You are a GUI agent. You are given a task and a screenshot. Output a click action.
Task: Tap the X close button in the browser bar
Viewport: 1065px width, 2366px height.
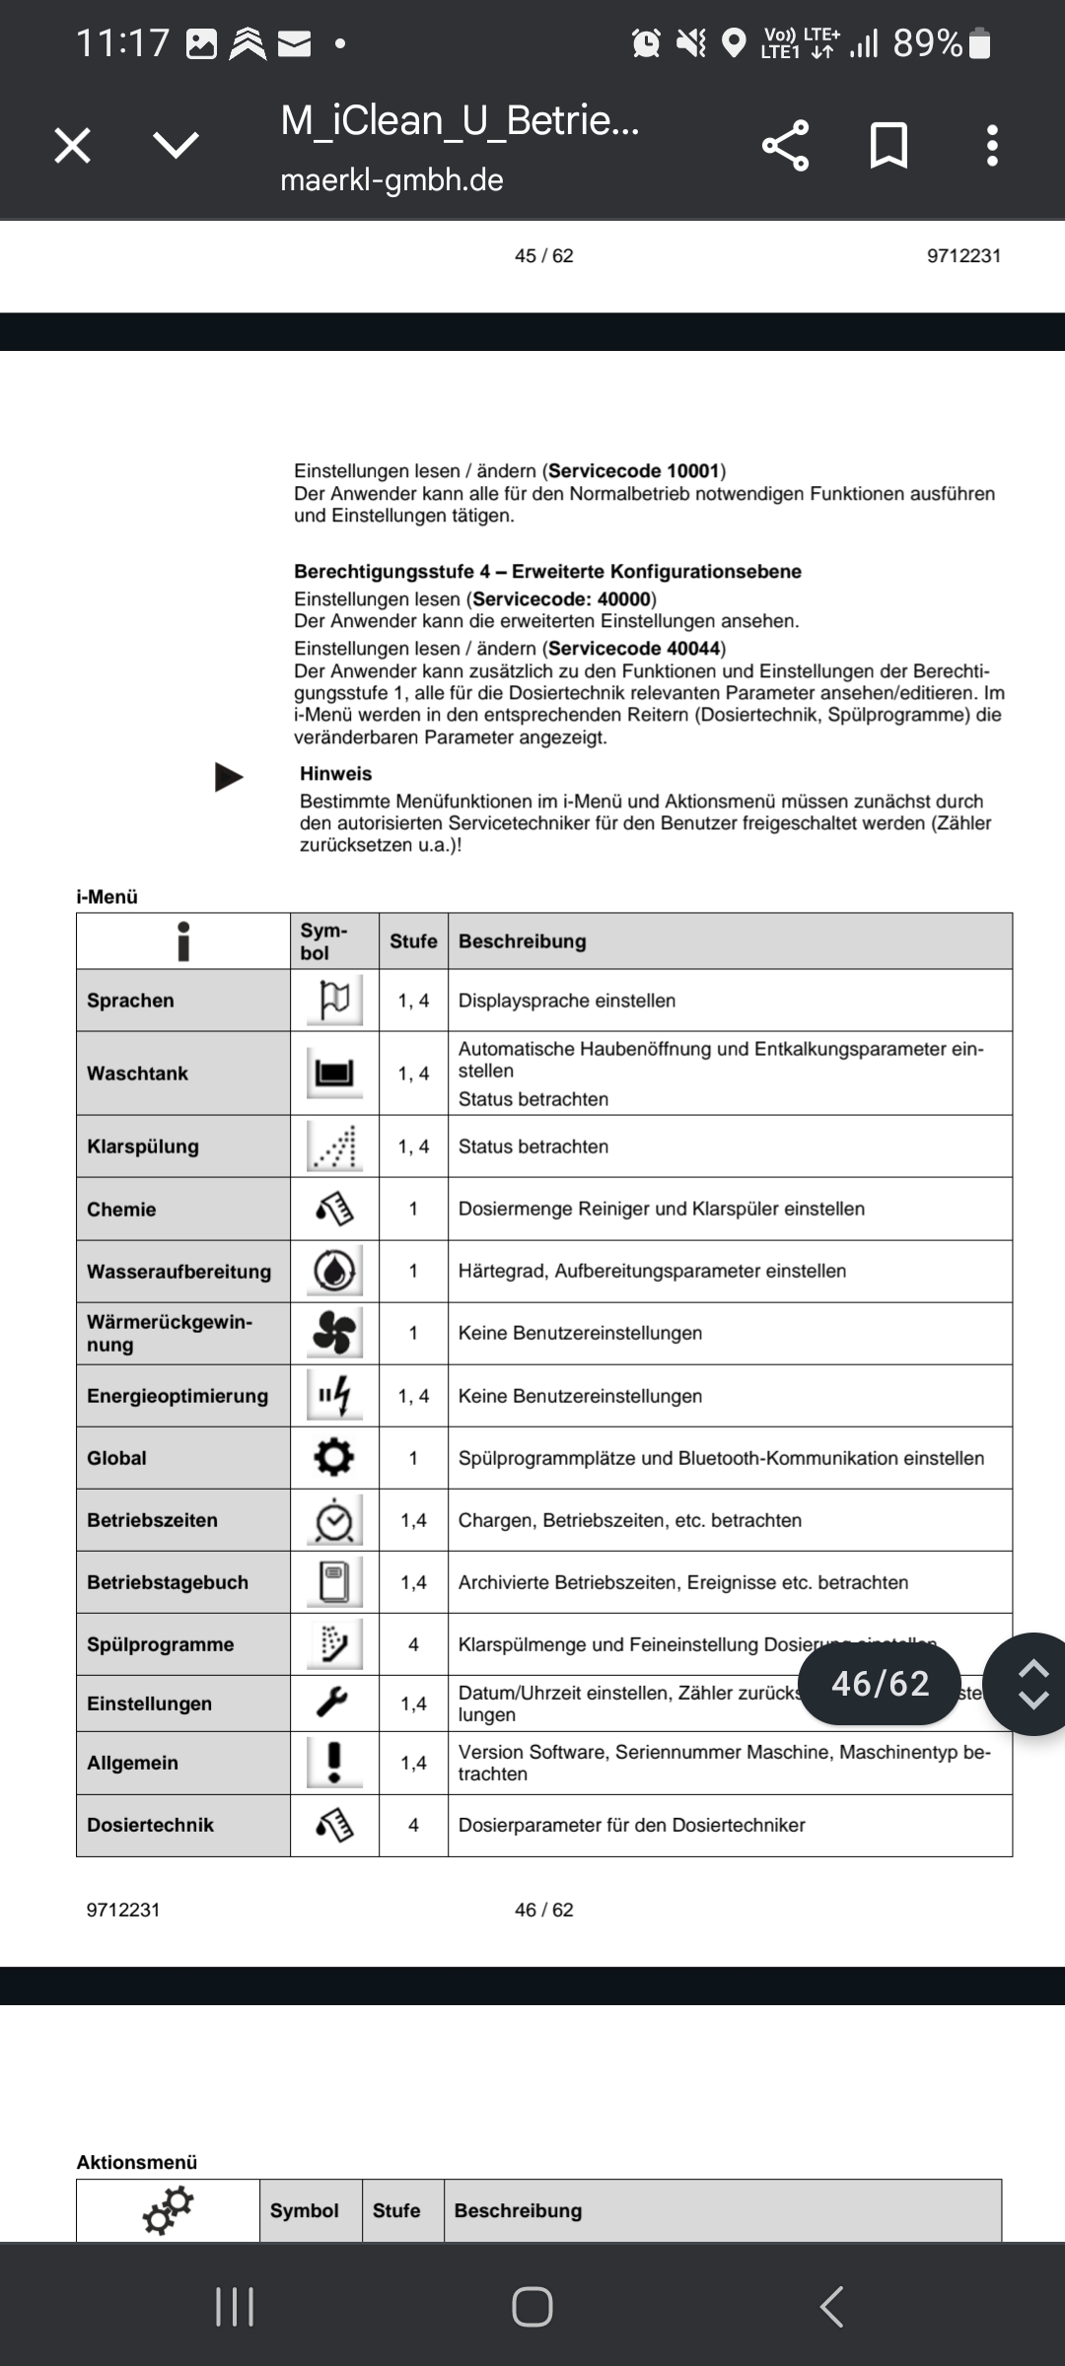(72, 146)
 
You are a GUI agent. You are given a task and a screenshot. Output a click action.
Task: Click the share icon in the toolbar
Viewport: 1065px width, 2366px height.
(785, 146)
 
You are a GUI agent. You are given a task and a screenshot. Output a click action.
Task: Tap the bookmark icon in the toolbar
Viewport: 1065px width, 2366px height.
(888, 146)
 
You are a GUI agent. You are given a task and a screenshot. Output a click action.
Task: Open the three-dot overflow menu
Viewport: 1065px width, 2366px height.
(992, 146)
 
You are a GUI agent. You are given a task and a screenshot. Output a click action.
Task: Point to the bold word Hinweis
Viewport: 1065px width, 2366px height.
(335, 774)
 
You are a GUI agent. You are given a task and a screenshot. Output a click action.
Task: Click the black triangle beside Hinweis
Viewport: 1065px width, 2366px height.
(229, 777)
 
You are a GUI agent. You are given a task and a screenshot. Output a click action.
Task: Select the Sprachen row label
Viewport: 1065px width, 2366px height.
(130, 1001)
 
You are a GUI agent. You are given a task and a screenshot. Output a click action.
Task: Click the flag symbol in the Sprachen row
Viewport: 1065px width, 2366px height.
(334, 1000)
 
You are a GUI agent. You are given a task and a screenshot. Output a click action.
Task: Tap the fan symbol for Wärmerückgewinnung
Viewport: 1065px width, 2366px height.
(334, 1333)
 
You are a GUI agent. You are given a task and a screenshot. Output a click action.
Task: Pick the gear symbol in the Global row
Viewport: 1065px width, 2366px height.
(334, 1457)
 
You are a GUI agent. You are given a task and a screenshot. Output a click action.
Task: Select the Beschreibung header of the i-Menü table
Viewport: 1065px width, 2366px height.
(522, 941)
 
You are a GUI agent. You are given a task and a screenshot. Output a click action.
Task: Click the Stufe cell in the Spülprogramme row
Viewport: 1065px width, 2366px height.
(413, 1644)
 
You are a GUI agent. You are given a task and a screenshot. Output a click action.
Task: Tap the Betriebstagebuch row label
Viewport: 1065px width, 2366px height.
(168, 1582)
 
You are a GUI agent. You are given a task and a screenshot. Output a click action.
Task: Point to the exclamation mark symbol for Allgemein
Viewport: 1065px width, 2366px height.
(334, 1763)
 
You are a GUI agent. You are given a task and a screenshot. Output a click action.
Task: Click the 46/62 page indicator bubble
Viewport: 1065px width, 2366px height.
(880, 1684)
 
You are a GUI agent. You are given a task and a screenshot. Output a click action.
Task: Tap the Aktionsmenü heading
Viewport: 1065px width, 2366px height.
(137, 2162)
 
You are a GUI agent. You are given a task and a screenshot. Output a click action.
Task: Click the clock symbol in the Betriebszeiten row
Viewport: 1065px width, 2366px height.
(334, 1520)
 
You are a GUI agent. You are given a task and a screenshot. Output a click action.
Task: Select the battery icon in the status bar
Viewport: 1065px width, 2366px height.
(980, 43)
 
